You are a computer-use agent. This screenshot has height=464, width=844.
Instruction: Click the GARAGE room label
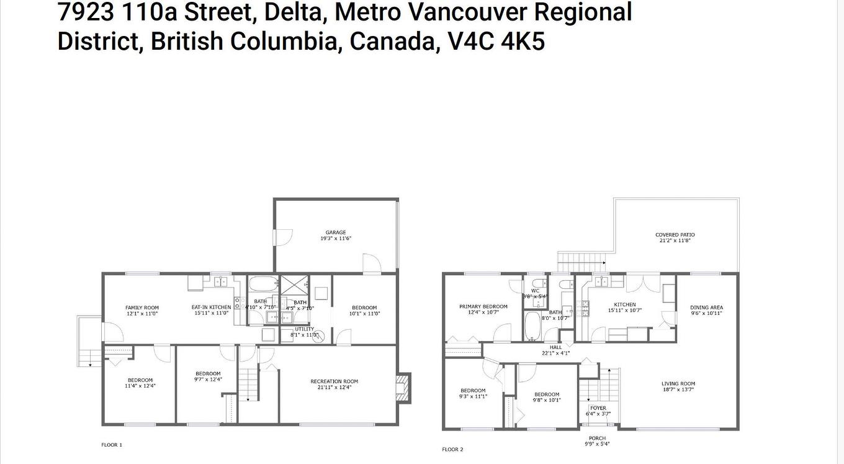pyautogui.click(x=336, y=232)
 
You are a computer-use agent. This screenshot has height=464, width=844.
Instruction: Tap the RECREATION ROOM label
pyautogui.click(x=334, y=381)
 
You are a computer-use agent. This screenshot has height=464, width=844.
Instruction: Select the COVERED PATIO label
pyautogui.click(x=675, y=235)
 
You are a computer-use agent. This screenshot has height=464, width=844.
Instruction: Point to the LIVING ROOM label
pyautogui.click(x=678, y=383)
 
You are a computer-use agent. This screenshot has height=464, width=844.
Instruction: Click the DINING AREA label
pyautogui.click(x=706, y=307)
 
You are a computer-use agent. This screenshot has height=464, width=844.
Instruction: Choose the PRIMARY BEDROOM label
pyautogui.click(x=483, y=306)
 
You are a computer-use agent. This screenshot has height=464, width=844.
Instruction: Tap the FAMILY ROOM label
pyautogui.click(x=142, y=307)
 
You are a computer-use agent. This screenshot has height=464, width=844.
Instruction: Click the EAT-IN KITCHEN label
pyautogui.click(x=211, y=307)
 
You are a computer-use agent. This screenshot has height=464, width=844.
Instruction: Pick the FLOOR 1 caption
pyautogui.click(x=112, y=445)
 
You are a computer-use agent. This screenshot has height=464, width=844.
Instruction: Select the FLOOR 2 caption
pyautogui.click(x=452, y=449)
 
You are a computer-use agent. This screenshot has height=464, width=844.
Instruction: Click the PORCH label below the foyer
pyautogui.click(x=597, y=439)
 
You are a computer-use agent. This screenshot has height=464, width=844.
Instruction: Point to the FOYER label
pyautogui.click(x=598, y=408)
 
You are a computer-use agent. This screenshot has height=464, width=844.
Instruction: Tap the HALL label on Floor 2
pyautogui.click(x=555, y=347)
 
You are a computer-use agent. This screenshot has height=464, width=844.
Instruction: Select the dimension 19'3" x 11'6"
pyautogui.click(x=336, y=239)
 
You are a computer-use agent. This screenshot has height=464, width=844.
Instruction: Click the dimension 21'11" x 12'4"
pyautogui.click(x=334, y=388)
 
